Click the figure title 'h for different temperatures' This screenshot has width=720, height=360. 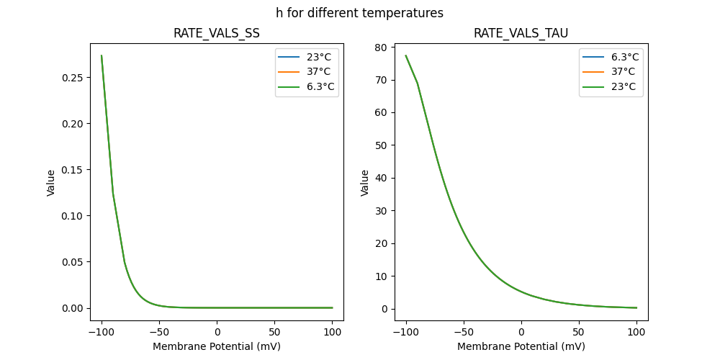tap(359, 13)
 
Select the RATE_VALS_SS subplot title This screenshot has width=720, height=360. tap(216, 33)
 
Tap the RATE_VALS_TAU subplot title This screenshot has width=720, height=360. tap(521, 33)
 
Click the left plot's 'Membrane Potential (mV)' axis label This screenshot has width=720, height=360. tap(217, 346)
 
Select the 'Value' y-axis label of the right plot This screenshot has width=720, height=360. tap(365, 183)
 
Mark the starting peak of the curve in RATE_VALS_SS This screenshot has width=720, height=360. tap(102, 55)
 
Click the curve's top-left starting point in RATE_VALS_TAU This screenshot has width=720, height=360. tap(405, 55)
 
